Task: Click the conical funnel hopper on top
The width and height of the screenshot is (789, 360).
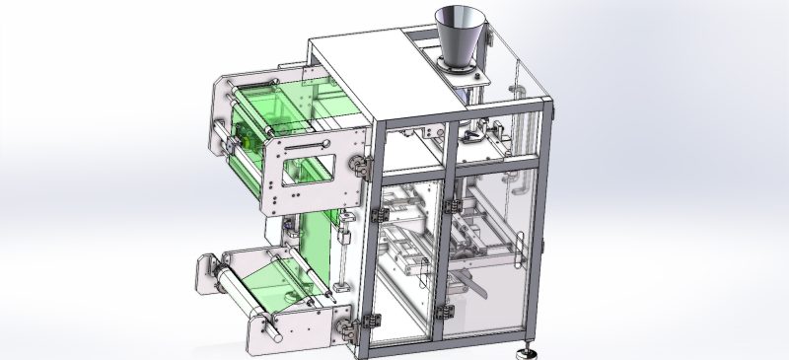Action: pyautogui.click(x=456, y=36)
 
